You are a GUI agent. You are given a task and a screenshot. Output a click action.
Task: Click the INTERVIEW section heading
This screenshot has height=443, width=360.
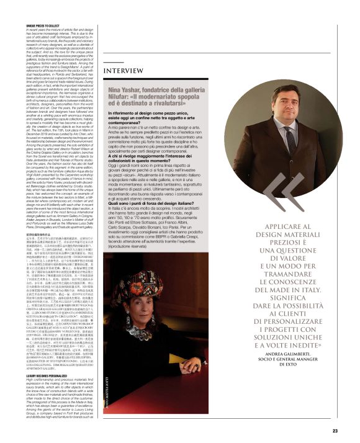(x=124, y=71)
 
